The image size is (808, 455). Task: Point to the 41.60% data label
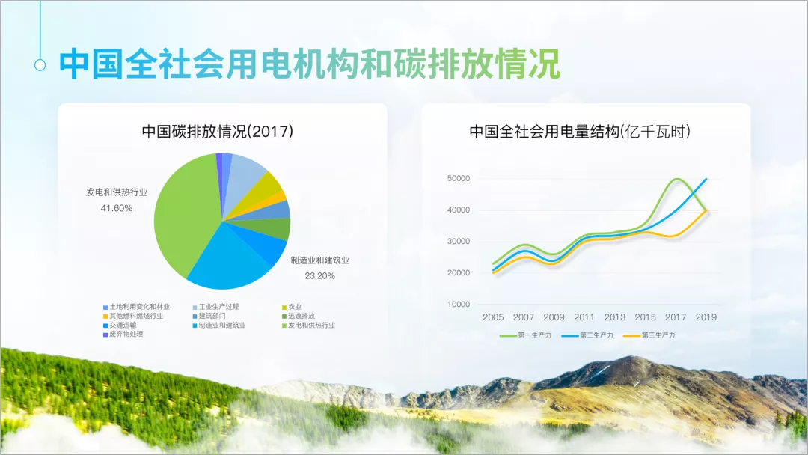[x=117, y=208]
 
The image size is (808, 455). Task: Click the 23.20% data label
[x=319, y=276]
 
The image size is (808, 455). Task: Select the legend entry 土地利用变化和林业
[x=137, y=307]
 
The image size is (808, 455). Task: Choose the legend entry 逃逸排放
[x=299, y=316]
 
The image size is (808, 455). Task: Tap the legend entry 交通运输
[x=120, y=325]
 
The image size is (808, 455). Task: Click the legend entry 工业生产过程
[x=216, y=307]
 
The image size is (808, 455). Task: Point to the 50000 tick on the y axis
[x=459, y=178]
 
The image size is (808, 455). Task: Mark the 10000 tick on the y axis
[x=459, y=305]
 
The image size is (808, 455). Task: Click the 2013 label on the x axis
[x=615, y=317]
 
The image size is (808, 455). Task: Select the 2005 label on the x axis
[x=493, y=317]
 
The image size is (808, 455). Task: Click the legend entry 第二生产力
[x=587, y=335]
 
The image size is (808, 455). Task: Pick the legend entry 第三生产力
[x=649, y=335]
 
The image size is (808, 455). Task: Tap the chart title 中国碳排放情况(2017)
[x=218, y=132]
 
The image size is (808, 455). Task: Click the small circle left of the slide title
[x=40, y=65]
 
